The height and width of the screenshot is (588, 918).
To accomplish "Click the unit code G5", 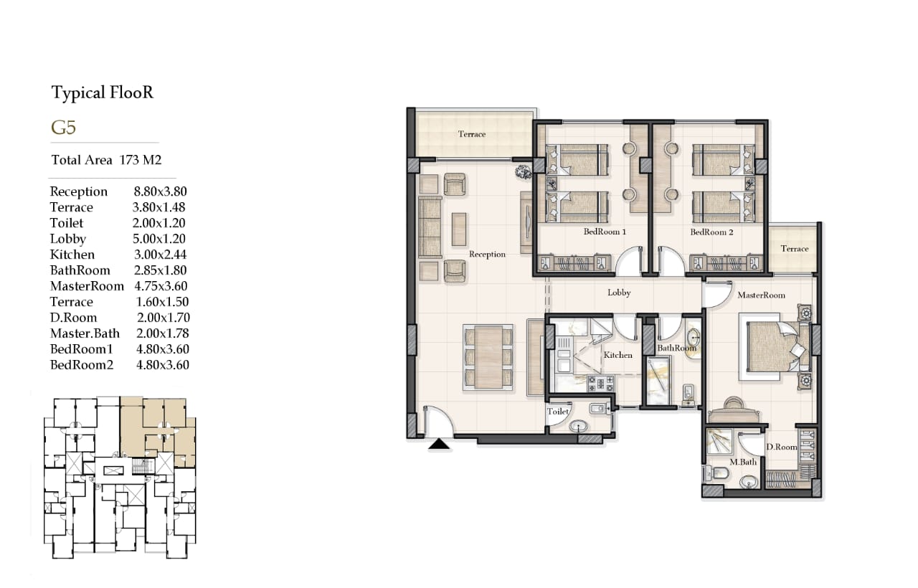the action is pos(64,128).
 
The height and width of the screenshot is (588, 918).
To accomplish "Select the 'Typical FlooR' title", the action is pos(103,93).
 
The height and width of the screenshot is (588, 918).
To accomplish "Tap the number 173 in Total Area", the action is pos(129,160).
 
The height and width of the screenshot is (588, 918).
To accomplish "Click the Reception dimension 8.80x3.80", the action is pos(160,191).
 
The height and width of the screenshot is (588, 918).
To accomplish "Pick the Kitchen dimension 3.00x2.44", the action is pos(160,255).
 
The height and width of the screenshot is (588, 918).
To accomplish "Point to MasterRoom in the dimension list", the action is pos(87,286).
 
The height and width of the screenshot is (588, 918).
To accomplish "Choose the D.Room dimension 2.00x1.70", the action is pos(163,318).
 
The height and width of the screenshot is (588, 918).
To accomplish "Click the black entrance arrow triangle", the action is pos(439,444).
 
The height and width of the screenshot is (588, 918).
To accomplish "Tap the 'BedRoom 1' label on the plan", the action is pos(605,232).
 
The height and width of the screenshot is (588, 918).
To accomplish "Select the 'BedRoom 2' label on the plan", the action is pos(711,232).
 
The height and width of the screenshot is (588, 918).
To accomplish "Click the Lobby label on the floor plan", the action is pos(619,293).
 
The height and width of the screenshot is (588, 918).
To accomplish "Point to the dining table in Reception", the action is pos(488,357).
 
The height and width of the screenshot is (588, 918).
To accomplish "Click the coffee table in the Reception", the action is pos(459,229).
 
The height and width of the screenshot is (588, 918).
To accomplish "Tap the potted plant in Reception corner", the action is pos(524,171).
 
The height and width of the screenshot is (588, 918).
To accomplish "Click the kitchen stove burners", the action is pos(600,384).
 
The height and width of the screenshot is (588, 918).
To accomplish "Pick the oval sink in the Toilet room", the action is pos(579,427).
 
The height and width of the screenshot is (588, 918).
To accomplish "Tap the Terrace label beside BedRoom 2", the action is pos(794,249).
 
